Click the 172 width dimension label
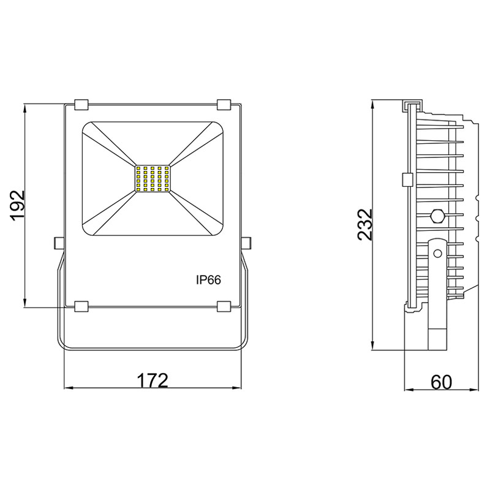click(x=152, y=380)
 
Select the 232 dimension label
click(x=365, y=225)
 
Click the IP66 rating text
click(x=208, y=279)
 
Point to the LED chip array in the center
click(x=152, y=180)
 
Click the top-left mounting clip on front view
click(x=81, y=104)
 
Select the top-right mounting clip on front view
click(x=224, y=104)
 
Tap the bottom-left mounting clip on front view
click(x=81, y=305)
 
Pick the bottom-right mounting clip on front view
click(x=224, y=305)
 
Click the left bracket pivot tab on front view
click(x=58, y=243)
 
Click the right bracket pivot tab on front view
click(x=247, y=243)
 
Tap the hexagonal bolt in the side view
click(x=437, y=216)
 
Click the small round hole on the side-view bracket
click(x=437, y=252)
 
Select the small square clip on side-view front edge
click(x=406, y=179)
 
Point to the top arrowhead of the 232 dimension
click(x=374, y=103)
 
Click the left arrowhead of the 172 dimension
click(x=68, y=388)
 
